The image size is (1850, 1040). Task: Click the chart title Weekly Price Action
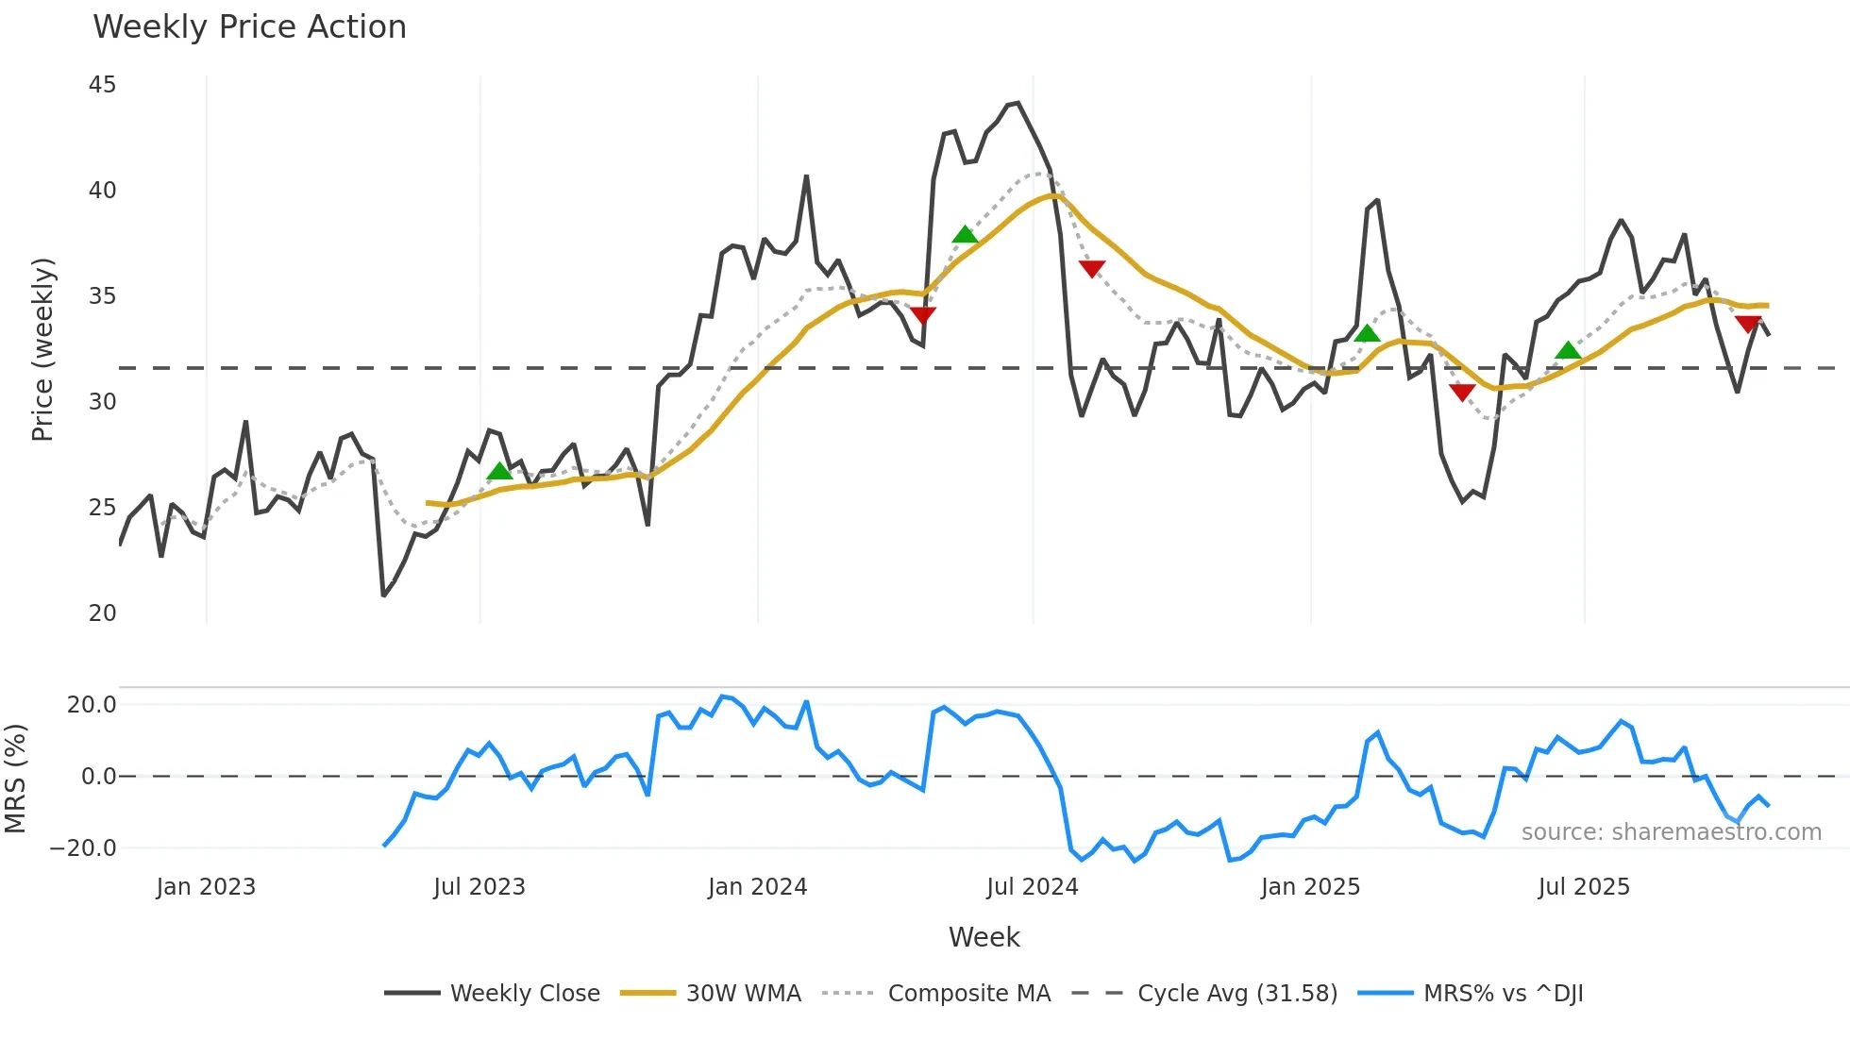coord(249,26)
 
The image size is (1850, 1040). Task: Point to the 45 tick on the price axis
coord(102,85)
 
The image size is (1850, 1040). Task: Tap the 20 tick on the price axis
coord(102,613)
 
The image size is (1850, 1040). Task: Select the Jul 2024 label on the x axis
coord(1032,887)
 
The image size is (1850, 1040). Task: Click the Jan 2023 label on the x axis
coord(206,887)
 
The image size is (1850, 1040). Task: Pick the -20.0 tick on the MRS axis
coord(83,847)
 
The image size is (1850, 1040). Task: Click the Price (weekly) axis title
coord(42,349)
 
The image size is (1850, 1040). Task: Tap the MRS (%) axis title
coord(15,779)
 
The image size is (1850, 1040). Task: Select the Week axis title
coord(984,937)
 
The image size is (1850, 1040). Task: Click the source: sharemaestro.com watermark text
coord(1671,832)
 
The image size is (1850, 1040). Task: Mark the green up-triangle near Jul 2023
coord(499,471)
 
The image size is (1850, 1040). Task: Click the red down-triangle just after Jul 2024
coord(1092,269)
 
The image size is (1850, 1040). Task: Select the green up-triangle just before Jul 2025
coord(1568,350)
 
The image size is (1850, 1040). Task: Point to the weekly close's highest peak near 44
coord(1017,103)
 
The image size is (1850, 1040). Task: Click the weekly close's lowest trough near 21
coord(383,595)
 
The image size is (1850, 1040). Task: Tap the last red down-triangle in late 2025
coord(1748,325)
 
